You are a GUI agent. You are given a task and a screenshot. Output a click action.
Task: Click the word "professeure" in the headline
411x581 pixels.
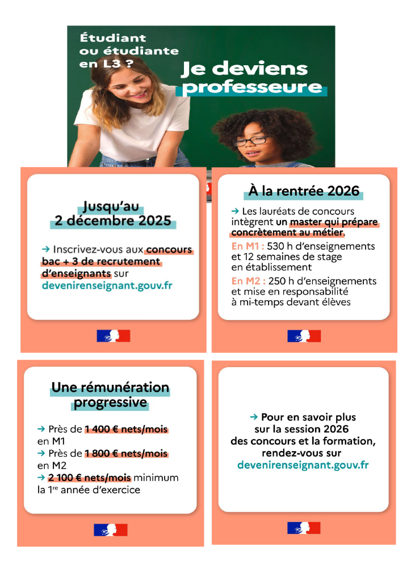[252, 88]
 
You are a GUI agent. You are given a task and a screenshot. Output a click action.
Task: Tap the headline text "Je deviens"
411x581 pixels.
[244, 69]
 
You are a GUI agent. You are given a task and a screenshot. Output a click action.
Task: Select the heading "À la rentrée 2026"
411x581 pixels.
[304, 192]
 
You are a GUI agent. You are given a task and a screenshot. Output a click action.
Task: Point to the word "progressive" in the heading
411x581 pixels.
[110, 403]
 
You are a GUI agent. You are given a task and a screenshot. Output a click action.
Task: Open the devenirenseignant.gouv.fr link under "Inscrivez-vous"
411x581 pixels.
[107, 285]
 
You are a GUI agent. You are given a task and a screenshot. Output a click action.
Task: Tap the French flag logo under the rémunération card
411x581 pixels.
[111, 530]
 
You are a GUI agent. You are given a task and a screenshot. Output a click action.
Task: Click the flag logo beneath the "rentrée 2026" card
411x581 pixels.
[304, 336]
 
